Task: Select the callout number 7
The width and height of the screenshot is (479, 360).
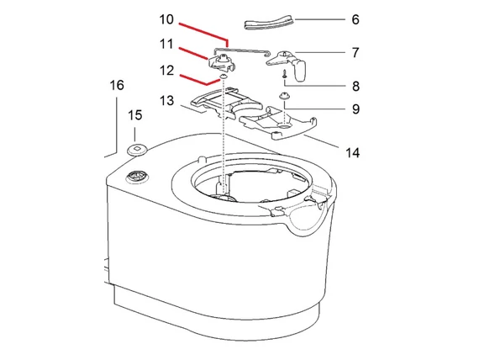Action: pyautogui.click(x=331, y=52)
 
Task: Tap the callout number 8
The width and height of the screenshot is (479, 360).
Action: pyautogui.click(x=331, y=85)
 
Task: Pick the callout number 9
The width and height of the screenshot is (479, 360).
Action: pyautogui.click(x=331, y=109)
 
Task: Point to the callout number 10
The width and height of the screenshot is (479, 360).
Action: pyautogui.click(x=166, y=19)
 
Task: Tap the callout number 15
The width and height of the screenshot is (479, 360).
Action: pyautogui.click(x=134, y=114)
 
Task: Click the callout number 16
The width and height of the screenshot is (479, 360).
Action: pyautogui.click(x=116, y=86)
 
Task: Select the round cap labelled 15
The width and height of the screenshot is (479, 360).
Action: pyautogui.click(x=134, y=150)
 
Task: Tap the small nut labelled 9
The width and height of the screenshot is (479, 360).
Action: pyautogui.click(x=284, y=98)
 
